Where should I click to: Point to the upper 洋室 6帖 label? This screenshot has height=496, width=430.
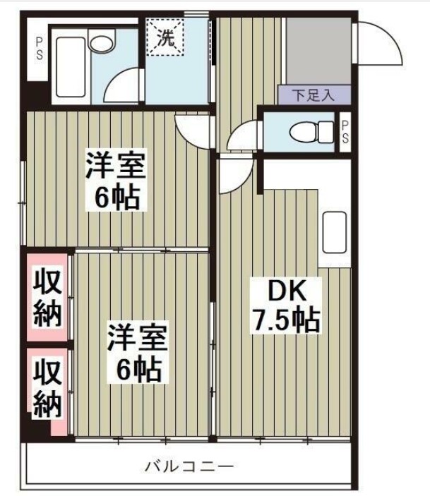tap(117, 181)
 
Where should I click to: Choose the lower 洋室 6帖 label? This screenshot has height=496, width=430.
tap(137, 353)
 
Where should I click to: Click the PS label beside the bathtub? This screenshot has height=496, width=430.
tap(38, 47)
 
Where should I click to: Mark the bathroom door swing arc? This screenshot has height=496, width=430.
tap(121, 85)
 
